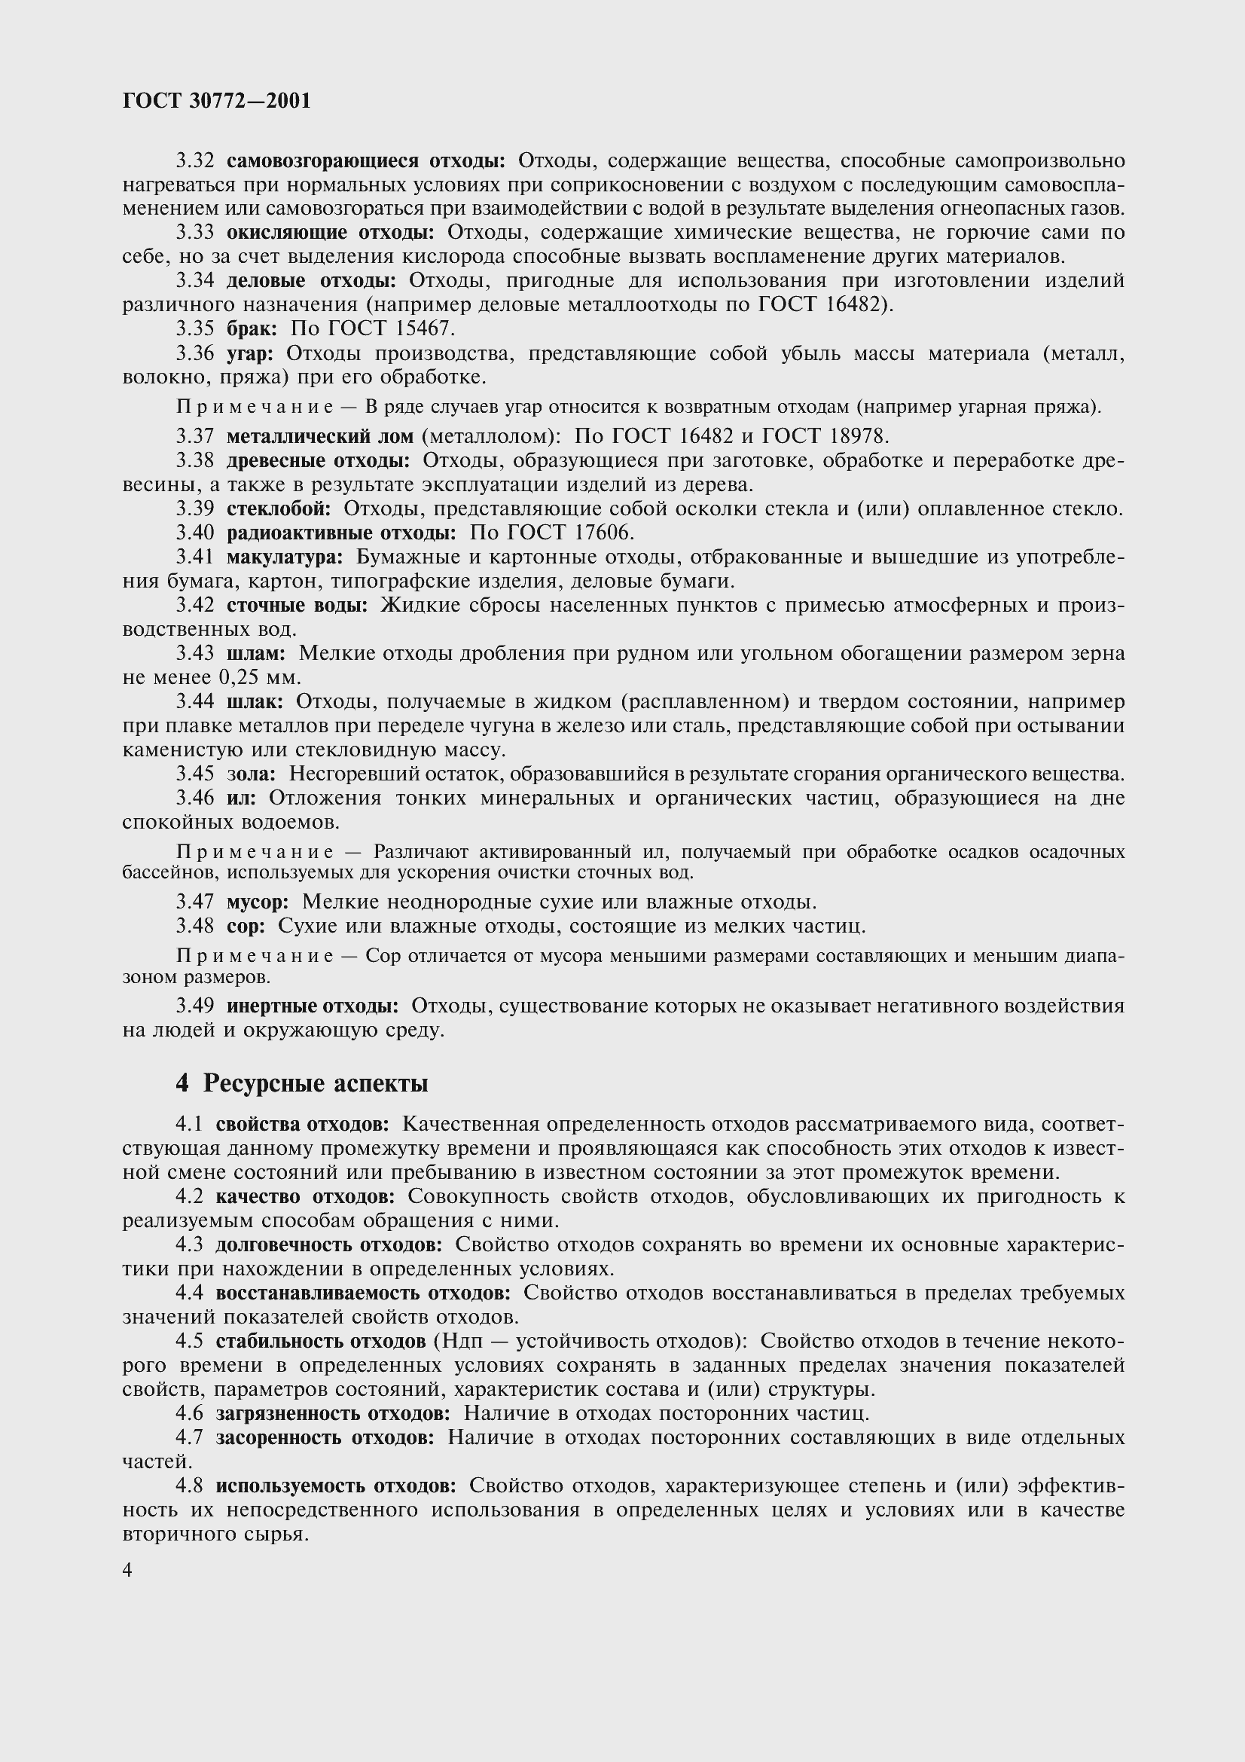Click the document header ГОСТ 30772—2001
[x=217, y=101]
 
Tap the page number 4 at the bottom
[x=127, y=1570]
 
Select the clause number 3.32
[x=195, y=161]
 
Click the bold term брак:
[x=252, y=329]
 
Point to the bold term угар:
[x=250, y=354]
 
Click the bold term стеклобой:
[x=279, y=508]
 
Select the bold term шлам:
[x=256, y=654]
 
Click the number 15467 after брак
[x=425, y=329]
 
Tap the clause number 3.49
[x=195, y=1006]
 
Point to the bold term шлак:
[x=255, y=702]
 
